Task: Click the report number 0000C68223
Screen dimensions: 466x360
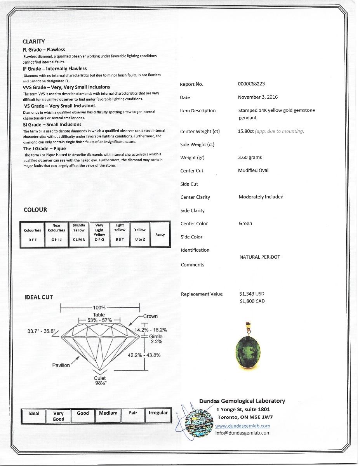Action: [x=251, y=84]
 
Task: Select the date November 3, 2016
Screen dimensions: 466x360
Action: [x=258, y=97]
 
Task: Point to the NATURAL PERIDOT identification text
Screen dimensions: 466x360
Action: [x=260, y=257]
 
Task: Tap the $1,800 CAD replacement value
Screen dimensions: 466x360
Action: [x=252, y=301]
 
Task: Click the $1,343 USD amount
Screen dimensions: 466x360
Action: [x=252, y=294]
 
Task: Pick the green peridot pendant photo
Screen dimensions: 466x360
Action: [x=247, y=349]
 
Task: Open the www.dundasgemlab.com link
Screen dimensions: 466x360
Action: [x=243, y=426]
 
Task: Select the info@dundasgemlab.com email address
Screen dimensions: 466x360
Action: [x=243, y=433]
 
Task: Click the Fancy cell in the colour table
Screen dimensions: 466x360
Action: [x=160, y=235]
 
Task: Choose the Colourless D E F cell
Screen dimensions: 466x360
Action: [x=33, y=235]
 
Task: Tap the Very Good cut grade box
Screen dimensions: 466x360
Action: [x=58, y=416]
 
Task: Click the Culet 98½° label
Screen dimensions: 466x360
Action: [x=100, y=380]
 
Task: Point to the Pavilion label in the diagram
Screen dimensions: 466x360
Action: [x=61, y=365]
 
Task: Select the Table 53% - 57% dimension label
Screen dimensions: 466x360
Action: [x=99, y=318]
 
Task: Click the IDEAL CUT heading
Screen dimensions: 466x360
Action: [x=38, y=297]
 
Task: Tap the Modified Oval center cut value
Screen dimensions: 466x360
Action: [x=253, y=170]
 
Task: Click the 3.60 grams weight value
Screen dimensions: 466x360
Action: [x=250, y=157]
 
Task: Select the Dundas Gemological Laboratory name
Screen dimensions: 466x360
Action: [x=242, y=401]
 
